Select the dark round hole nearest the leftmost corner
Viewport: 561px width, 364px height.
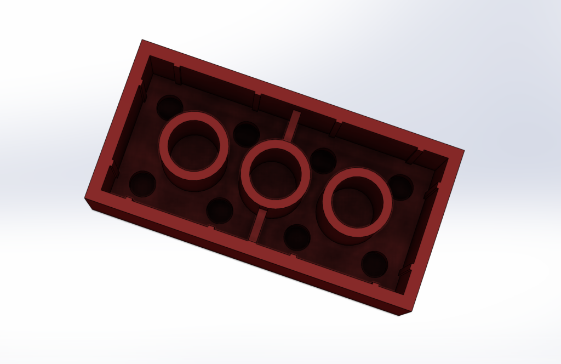click(x=142, y=184)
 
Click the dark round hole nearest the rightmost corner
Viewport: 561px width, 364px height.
click(x=400, y=187)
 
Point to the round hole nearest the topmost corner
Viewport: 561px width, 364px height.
click(x=170, y=106)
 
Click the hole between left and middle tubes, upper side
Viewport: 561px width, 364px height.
click(x=246, y=134)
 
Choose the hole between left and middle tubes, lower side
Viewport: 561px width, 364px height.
click(x=220, y=211)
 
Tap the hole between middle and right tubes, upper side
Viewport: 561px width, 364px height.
click(x=323, y=160)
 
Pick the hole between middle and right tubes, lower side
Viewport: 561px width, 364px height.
click(x=297, y=237)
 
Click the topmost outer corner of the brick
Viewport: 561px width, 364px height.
click(x=142, y=40)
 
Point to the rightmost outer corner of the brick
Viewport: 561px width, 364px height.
click(x=464, y=151)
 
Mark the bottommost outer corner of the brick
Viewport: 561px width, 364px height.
click(x=399, y=316)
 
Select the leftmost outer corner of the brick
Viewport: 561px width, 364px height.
click(x=85, y=198)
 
